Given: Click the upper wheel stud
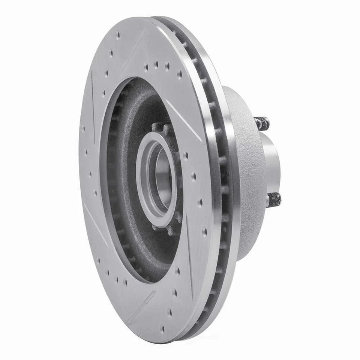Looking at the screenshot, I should click(x=262, y=123).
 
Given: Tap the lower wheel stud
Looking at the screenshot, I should click(x=274, y=199).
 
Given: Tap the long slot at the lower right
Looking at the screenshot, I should click(x=189, y=255).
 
